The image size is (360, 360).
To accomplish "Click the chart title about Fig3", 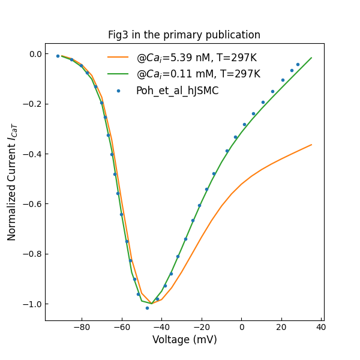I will point(184,35).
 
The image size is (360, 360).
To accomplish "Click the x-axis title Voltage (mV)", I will point(184,340).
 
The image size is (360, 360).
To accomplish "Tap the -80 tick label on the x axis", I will point(82,327).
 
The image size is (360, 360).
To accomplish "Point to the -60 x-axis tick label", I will point(122,327).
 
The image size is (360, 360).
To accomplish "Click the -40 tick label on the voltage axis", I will point(161,327).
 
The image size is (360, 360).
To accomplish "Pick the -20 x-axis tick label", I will point(202,327).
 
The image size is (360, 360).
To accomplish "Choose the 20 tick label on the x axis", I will point(281,327).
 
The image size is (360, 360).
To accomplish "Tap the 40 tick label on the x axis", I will point(321,327).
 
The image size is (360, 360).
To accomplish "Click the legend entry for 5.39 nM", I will point(196,58).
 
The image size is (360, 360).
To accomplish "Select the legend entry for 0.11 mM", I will point(198,74).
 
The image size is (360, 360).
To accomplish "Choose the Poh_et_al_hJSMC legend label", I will point(177,91).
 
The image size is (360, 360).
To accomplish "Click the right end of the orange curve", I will point(311,145).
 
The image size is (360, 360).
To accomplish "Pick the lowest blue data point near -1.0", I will point(147,308).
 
